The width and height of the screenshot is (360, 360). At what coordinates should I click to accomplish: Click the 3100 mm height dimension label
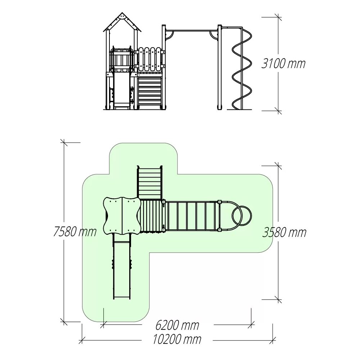(283, 64)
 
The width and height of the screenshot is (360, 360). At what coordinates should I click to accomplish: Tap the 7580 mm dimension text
(75, 231)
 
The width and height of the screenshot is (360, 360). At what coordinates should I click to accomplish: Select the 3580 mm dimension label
(284, 232)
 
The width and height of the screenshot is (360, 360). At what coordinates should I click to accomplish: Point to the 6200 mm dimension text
(177, 325)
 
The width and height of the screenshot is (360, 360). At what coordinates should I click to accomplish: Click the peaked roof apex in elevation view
(122, 13)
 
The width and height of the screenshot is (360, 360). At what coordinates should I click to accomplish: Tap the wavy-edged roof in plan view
(122, 216)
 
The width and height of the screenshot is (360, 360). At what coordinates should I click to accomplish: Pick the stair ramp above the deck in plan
(150, 182)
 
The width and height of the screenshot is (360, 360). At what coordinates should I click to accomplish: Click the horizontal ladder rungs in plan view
(192, 216)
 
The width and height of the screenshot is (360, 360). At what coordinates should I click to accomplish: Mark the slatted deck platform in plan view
(152, 216)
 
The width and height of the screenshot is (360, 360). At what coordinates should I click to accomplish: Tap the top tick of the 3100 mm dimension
(279, 17)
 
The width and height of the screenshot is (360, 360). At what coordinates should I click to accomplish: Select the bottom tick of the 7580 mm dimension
(64, 321)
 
